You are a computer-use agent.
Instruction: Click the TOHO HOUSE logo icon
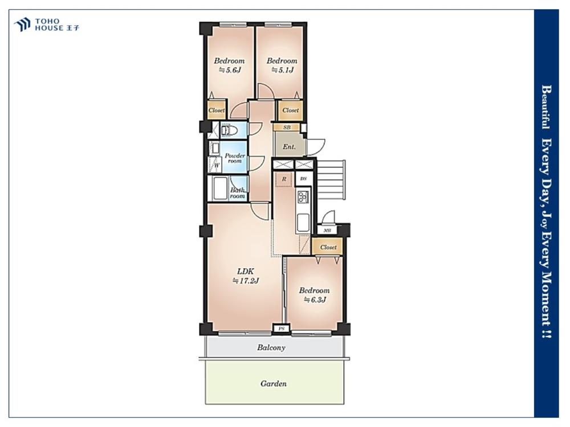pyautogui.click(x=22, y=24)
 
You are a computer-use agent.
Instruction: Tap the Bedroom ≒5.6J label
pyautogui.click(x=229, y=65)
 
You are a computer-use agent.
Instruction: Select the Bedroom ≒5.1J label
pyautogui.click(x=282, y=65)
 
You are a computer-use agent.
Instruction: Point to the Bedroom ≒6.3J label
pyautogui.click(x=315, y=295)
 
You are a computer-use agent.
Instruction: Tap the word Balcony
pyautogui.click(x=271, y=347)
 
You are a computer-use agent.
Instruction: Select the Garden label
pyautogui.click(x=274, y=383)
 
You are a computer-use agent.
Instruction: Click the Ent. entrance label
pyautogui.click(x=289, y=147)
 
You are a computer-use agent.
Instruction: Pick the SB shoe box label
pyautogui.click(x=287, y=128)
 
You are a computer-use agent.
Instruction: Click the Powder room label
pyautogui.click(x=234, y=158)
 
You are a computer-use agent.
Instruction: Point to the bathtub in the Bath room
pyautogui.click(x=220, y=188)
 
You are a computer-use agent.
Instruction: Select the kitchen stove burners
pyautogui.click(x=303, y=198)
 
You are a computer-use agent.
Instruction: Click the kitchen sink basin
pyautogui.click(x=303, y=222)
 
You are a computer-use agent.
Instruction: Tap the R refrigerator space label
pyautogui.click(x=284, y=179)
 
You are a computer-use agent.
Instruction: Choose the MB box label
pyautogui.click(x=327, y=231)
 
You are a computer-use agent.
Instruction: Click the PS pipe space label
pyautogui.click(x=282, y=329)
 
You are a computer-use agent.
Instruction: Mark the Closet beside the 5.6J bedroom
pyautogui.click(x=217, y=110)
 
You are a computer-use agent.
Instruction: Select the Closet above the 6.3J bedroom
pyautogui.click(x=328, y=247)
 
